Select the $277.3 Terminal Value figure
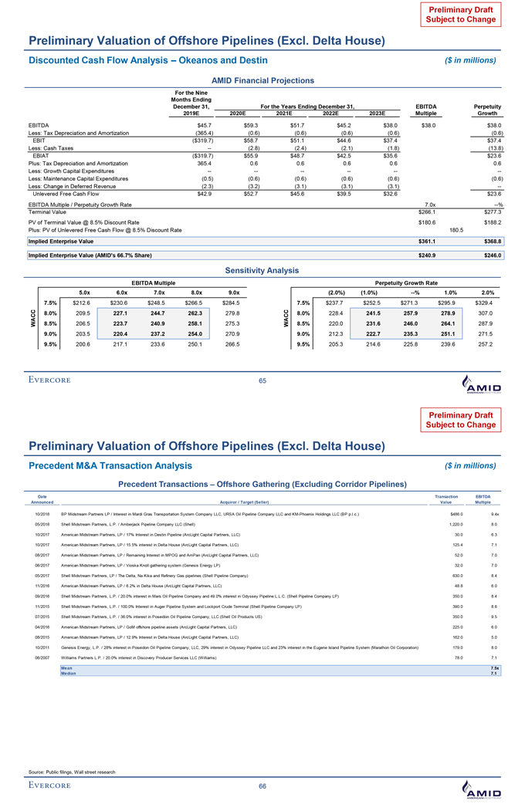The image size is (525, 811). (x=492, y=211)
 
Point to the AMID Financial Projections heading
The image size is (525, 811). (x=262, y=80)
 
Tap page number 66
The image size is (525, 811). (x=262, y=785)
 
